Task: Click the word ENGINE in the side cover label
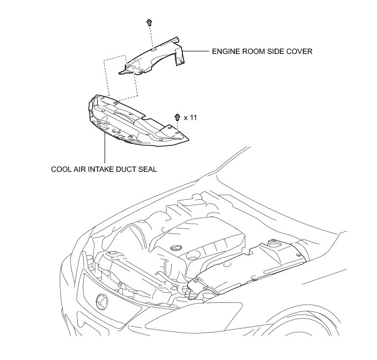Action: click(x=225, y=52)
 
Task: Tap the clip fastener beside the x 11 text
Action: click(x=177, y=117)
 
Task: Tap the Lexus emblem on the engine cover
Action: click(x=176, y=247)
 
